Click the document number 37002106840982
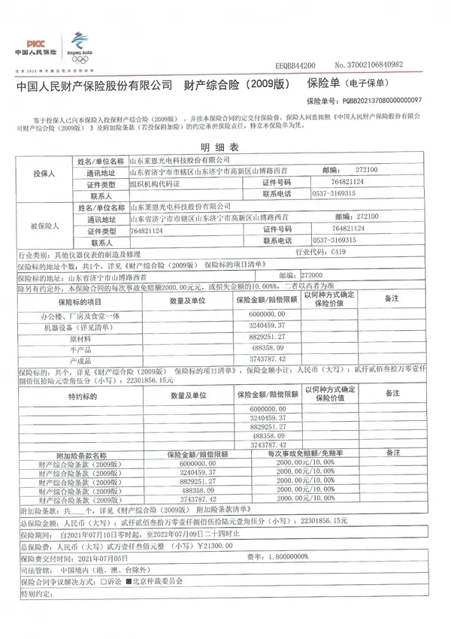[389, 65]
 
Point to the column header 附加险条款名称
[82, 454]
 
